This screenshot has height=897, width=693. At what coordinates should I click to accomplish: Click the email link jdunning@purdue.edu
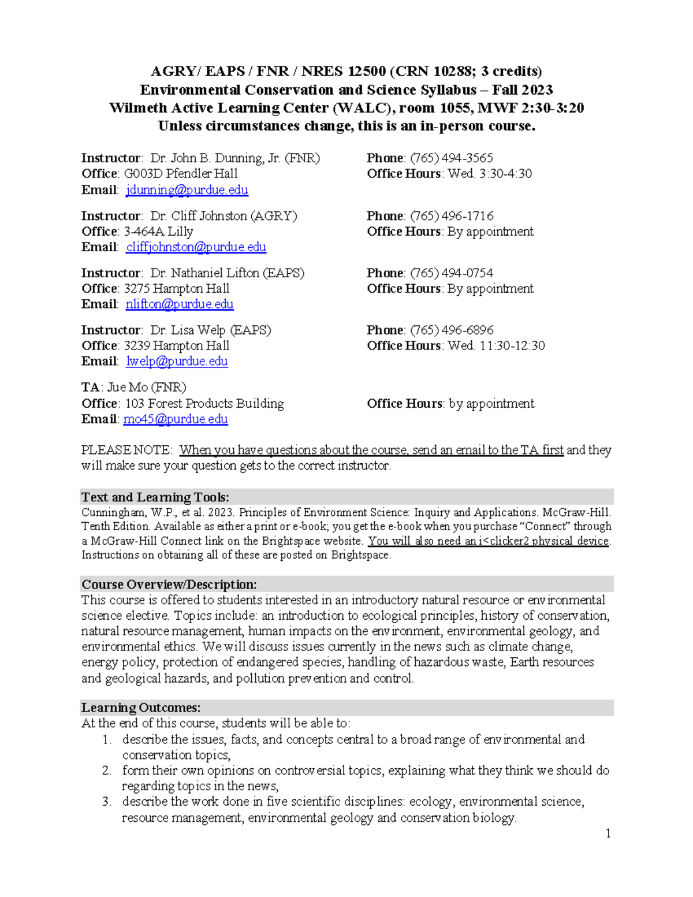click(187, 190)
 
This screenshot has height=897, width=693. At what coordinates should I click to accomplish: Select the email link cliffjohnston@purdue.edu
click(196, 247)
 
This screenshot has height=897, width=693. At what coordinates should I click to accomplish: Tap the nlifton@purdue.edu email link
click(180, 304)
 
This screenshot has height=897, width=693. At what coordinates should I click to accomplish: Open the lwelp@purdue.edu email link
click(177, 362)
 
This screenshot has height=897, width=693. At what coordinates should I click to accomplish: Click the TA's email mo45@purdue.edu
click(176, 419)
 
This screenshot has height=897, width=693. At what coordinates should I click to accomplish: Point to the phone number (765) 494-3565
click(451, 158)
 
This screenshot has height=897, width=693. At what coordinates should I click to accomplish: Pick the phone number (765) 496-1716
click(452, 216)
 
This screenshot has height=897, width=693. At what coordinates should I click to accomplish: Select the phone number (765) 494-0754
click(451, 273)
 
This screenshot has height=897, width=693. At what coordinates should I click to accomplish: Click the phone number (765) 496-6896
click(452, 330)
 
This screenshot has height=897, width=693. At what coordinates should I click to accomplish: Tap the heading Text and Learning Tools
click(155, 497)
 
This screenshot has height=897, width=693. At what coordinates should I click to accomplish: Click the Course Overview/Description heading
click(169, 585)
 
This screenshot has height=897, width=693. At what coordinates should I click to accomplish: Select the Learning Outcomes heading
click(141, 708)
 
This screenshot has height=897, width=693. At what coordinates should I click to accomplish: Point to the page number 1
click(608, 833)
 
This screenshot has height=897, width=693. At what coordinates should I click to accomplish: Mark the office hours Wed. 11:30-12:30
click(496, 346)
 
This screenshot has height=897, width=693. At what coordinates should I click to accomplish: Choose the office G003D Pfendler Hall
click(180, 174)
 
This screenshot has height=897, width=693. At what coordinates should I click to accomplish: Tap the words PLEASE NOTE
click(126, 451)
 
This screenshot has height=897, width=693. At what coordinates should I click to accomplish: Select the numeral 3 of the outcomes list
click(106, 802)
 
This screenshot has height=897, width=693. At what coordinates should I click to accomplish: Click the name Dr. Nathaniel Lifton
click(204, 273)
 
